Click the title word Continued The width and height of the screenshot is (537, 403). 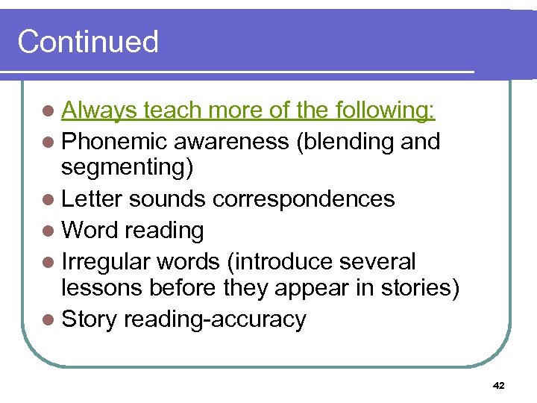pos(88,42)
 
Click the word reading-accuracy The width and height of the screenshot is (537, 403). pos(215,319)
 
